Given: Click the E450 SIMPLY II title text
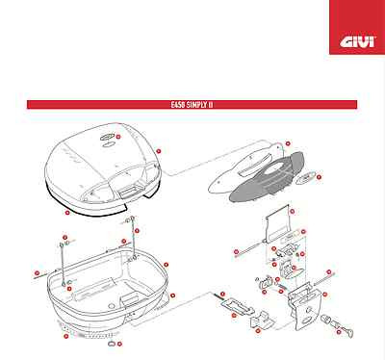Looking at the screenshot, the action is [192, 104].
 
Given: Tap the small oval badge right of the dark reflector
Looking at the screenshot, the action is [308, 178].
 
